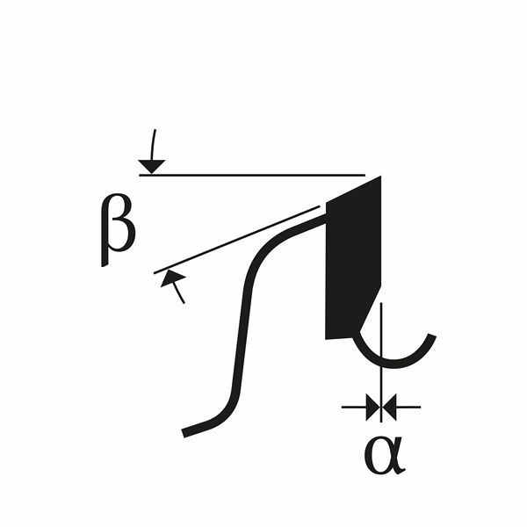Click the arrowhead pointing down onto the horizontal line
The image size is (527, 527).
(x=152, y=165)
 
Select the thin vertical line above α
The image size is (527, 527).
(x=382, y=351)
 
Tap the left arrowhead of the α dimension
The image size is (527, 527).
(x=372, y=407)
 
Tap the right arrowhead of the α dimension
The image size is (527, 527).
(x=392, y=407)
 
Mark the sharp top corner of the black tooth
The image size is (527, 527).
(x=380, y=178)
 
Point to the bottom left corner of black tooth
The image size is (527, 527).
(x=328, y=336)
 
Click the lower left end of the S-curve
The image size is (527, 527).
(x=185, y=432)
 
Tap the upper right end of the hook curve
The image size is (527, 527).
(x=431, y=336)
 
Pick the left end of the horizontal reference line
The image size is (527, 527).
(x=141, y=175)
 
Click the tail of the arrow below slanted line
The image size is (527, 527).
(x=183, y=300)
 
